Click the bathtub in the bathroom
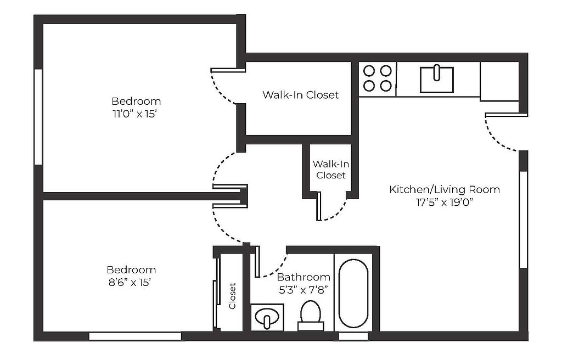coord(353,293)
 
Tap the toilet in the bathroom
coord(311,316)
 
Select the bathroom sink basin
coord(267,317)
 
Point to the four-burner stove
coord(378,78)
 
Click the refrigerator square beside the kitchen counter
coord(499,81)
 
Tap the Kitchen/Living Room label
coord(445,189)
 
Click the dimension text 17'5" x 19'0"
coord(445,203)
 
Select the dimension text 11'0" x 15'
coord(135,114)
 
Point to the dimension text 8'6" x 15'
coord(130,283)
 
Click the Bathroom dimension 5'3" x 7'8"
coord(304,290)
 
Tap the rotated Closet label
coord(232,296)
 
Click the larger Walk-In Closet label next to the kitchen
coord(300,94)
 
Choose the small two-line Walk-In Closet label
coord(331,170)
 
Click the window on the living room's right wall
coord(523,220)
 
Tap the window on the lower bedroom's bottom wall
coord(135,336)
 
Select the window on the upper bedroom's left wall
coord(38,117)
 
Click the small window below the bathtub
coord(353,336)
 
